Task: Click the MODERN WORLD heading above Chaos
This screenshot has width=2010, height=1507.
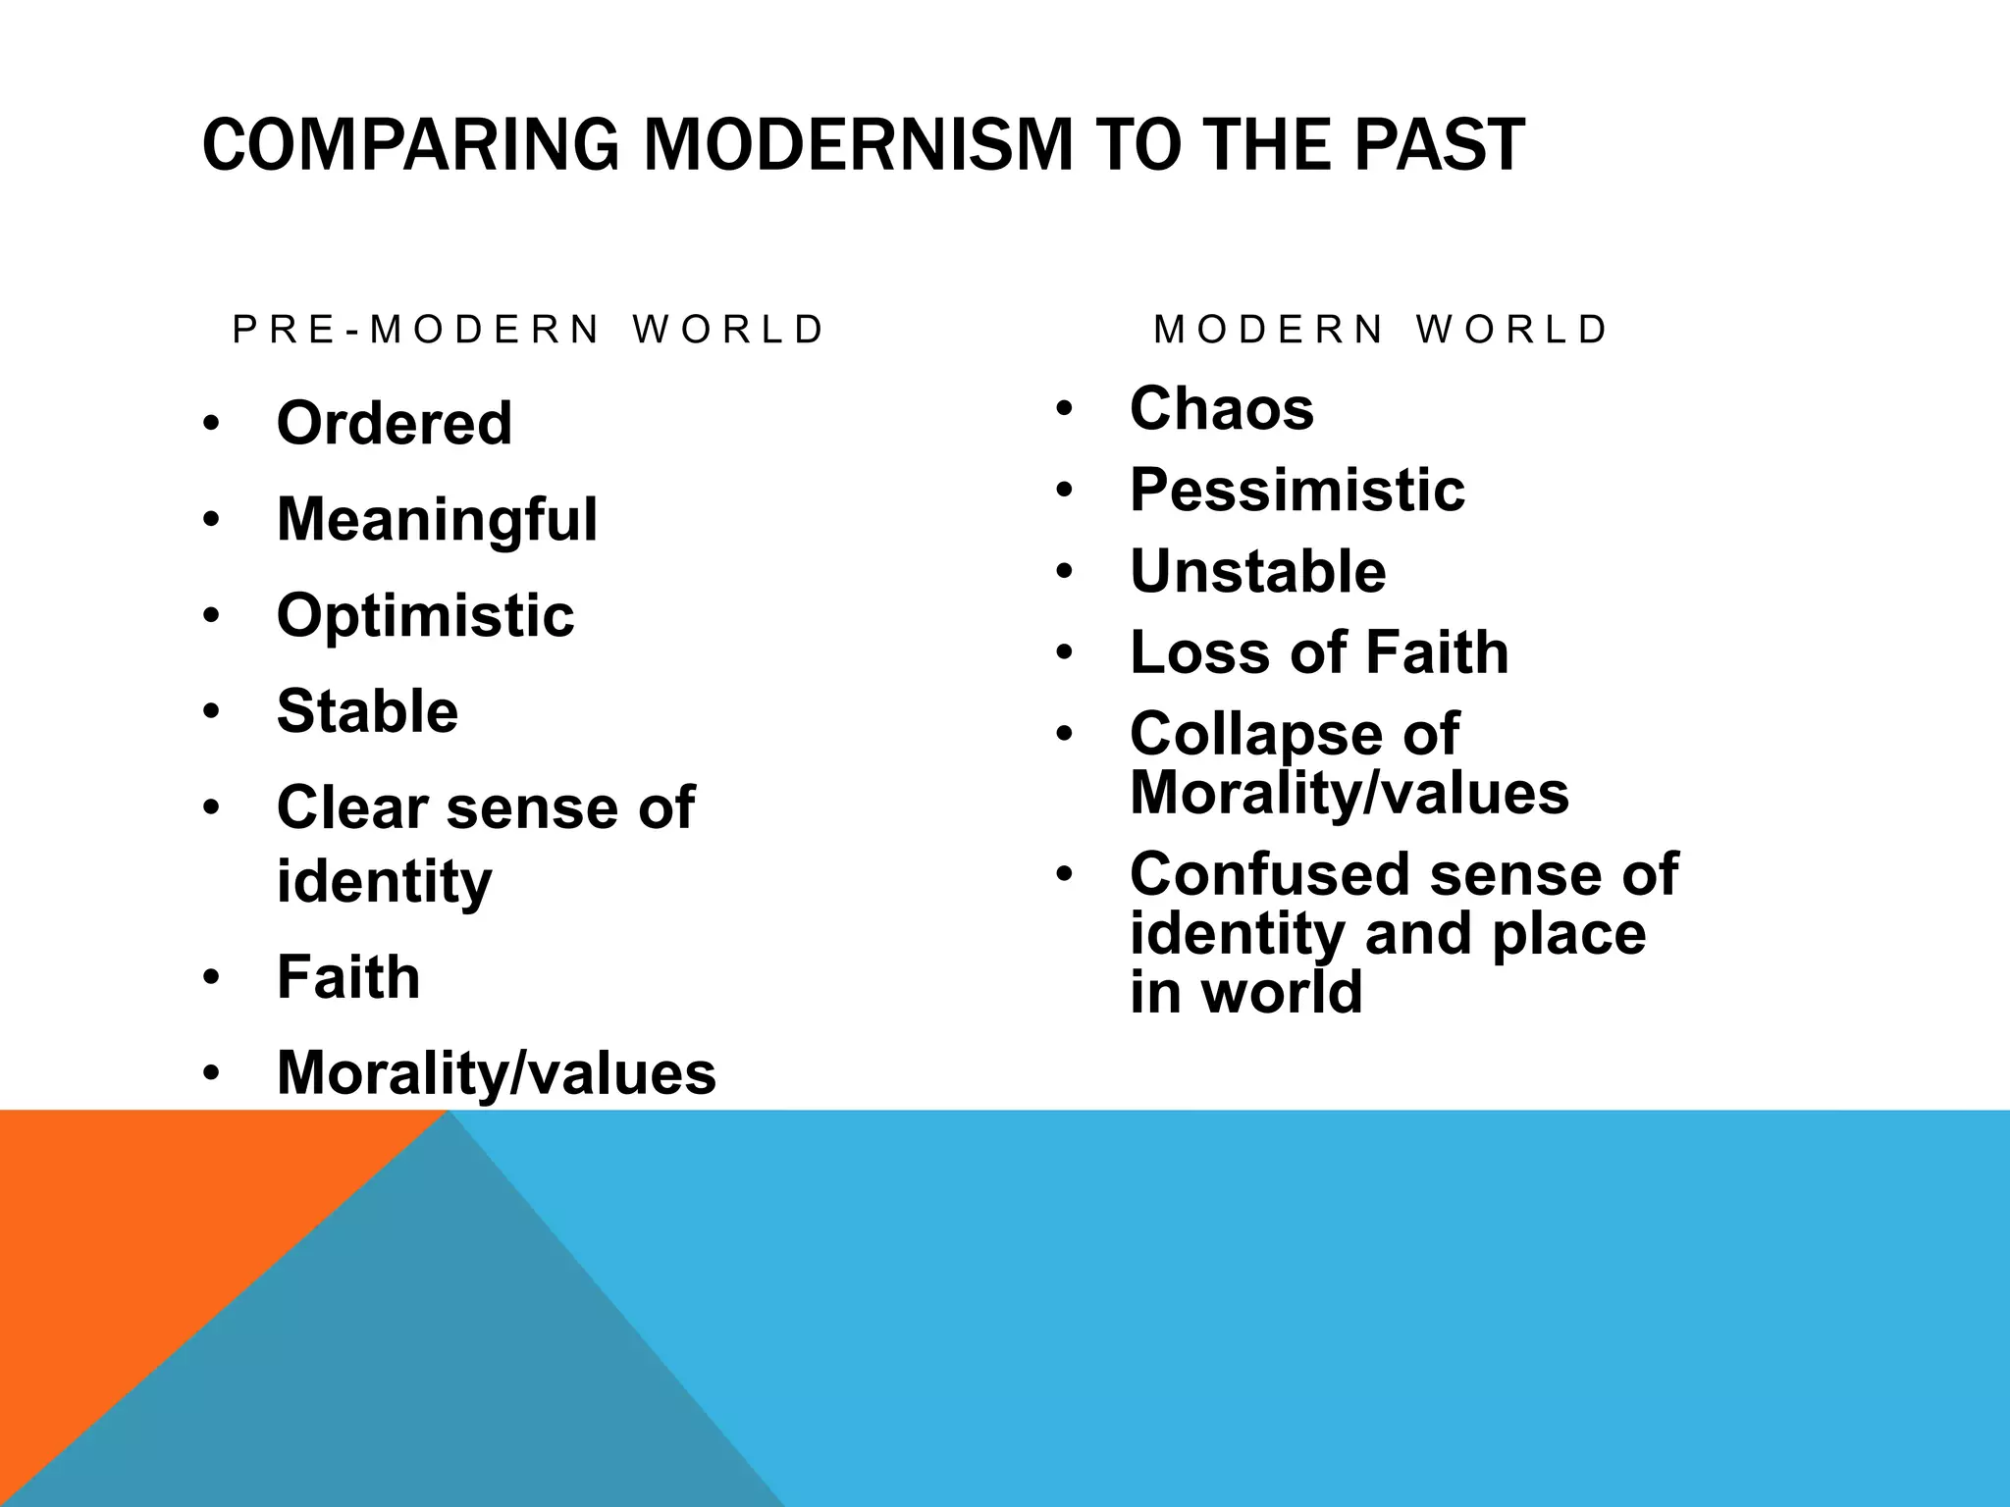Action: point(1381,330)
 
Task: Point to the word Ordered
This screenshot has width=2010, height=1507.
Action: point(395,423)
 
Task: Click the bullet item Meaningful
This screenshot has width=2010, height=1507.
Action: point(437,519)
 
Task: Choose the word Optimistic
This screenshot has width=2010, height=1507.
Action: point(425,615)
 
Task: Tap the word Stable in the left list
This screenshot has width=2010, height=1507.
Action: point(367,711)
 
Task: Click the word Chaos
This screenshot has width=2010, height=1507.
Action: point(1221,408)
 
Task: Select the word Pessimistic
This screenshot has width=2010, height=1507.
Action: point(1296,490)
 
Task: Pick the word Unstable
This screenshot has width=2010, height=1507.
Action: point(1257,571)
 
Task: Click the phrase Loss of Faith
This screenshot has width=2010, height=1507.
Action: point(1318,652)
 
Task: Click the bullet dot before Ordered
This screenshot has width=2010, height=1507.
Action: point(211,425)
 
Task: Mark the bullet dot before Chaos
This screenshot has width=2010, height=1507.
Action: point(1066,409)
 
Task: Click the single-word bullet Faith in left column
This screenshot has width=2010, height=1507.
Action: point(348,977)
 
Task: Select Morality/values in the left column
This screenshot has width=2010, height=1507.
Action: point(497,1072)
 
